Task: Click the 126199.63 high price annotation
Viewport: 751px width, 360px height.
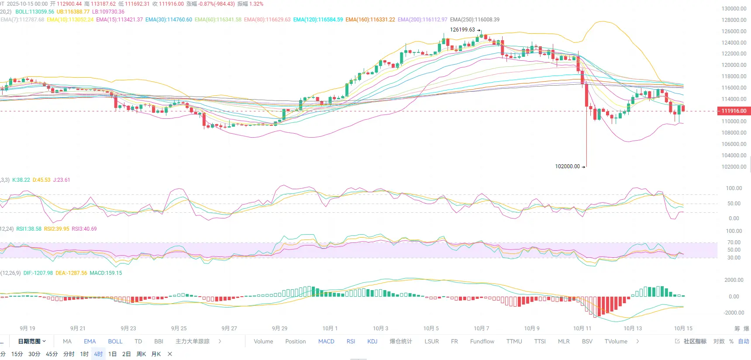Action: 462,30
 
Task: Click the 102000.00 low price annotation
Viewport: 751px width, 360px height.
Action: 567,166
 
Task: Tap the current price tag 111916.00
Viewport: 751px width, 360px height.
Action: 734,111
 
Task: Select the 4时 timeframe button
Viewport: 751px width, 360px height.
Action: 98,354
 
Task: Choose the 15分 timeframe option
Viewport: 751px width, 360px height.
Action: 17,354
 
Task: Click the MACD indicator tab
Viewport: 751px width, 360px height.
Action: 326,341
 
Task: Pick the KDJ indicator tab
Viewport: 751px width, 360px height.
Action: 372,341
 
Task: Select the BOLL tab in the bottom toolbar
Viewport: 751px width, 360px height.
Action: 115,341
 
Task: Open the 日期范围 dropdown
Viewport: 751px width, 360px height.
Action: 32,341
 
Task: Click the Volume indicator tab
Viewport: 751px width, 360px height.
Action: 263,341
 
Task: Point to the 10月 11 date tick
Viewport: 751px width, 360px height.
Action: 582,328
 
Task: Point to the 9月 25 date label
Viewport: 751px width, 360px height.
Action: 179,328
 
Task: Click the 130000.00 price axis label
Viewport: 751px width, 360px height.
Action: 734,9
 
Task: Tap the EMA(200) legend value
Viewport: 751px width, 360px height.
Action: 422,20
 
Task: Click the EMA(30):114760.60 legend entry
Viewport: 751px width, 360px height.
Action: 169,20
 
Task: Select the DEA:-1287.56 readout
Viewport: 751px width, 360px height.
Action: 71,273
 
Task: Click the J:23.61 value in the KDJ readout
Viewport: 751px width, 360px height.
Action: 62,180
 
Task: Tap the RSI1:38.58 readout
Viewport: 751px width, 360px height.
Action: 29,229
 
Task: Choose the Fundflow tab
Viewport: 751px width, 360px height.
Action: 482,341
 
